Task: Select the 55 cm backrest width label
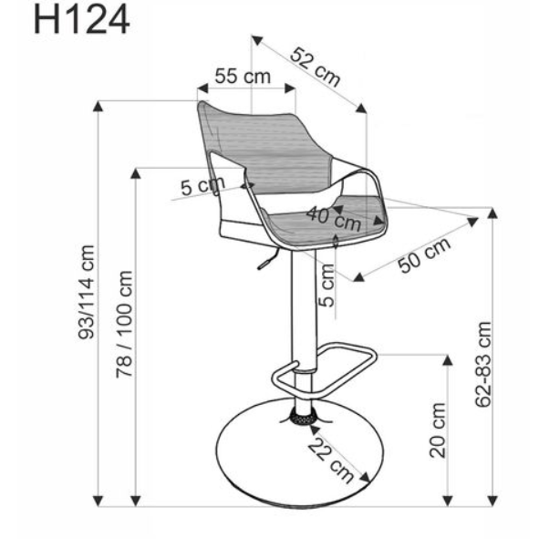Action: (x=242, y=76)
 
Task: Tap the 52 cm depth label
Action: (x=316, y=66)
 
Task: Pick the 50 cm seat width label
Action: (x=424, y=256)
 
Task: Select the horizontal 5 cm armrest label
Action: (x=201, y=187)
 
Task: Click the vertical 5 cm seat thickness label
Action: (x=328, y=285)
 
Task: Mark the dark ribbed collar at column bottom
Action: (x=300, y=418)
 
